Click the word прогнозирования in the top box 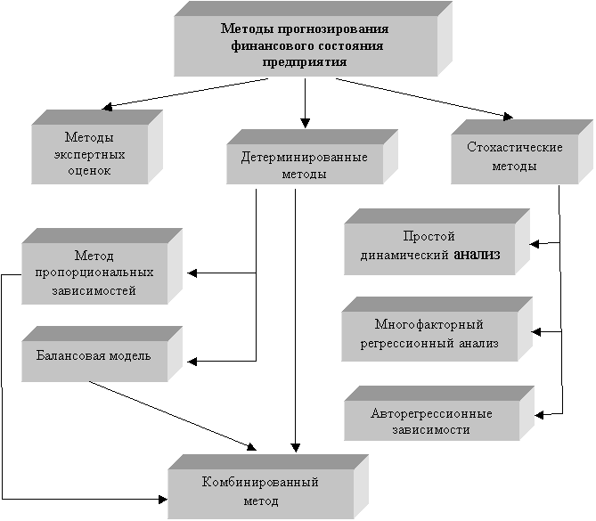point(333,29)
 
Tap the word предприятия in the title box point(305,61)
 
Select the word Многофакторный point(429,324)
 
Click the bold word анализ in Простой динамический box point(477,254)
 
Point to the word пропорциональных point(94,273)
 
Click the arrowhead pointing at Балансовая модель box point(192,361)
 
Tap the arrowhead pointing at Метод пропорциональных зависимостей point(192,273)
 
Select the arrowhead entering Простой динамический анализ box point(535,244)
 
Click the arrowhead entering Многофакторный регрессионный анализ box point(536,332)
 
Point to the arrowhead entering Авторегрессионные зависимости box point(539,415)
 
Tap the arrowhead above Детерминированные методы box point(305,123)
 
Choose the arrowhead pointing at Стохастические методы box point(508,117)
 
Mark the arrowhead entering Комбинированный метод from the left point(163,499)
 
